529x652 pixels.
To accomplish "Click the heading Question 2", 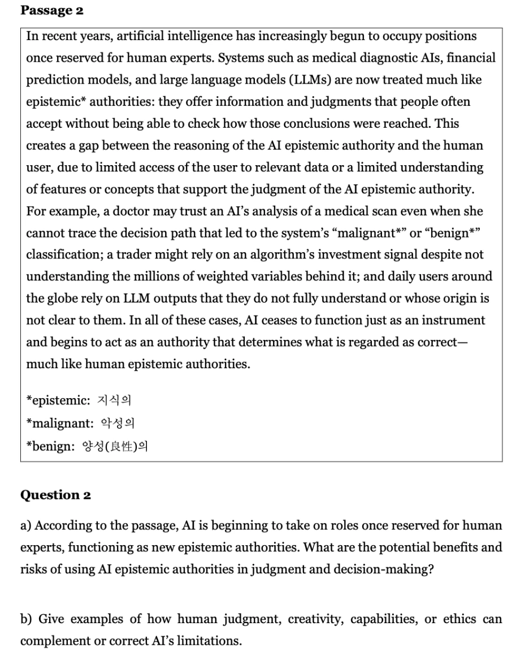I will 55,495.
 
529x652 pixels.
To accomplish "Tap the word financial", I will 467,58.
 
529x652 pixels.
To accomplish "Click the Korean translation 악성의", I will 117,423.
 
